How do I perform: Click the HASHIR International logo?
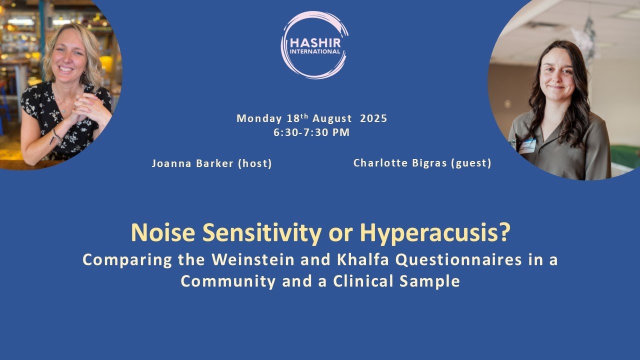[314, 45]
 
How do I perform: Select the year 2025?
[373, 118]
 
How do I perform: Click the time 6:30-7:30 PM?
[311, 132]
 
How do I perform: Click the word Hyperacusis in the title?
[429, 232]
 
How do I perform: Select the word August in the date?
[332, 118]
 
